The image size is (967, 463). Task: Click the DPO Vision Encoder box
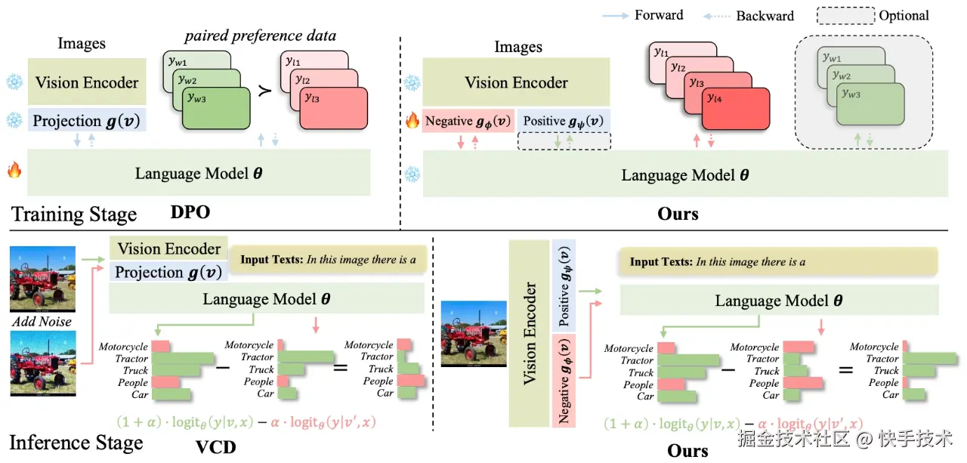[87, 82]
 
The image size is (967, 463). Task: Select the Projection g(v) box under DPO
[87, 121]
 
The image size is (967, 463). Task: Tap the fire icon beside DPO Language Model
[14, 171]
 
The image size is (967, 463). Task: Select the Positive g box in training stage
[563, 121]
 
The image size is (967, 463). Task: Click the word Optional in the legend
[904, 15]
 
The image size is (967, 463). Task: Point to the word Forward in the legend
[659, 15]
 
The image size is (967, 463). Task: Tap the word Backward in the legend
[765, 16]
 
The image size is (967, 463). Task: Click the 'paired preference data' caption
[261, 35]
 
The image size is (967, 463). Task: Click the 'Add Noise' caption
[42, 322]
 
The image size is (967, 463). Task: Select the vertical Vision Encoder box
[530, 332]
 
